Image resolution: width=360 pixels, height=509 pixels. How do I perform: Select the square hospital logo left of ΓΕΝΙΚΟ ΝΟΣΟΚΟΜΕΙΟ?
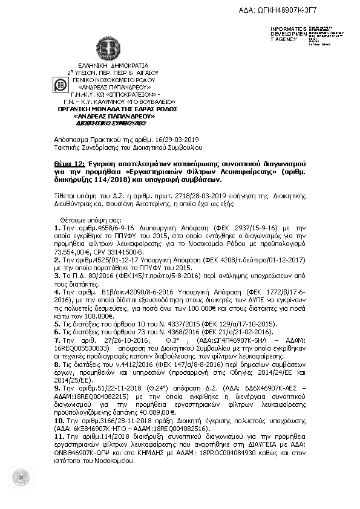(x=61, y=85)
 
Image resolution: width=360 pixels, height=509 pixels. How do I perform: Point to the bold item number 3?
(x=56, y=274)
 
